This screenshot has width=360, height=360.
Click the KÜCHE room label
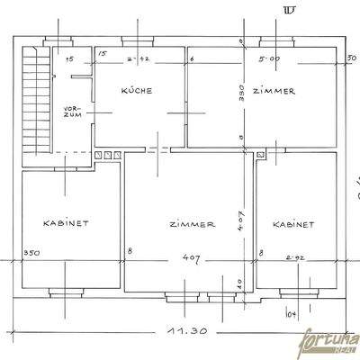(136, 91)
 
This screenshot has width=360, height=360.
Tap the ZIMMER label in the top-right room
(274, 91)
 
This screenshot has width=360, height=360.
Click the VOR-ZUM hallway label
(73, 113)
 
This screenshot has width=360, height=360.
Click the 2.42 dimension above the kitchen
(137, 60)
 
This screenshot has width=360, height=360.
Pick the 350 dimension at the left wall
(31, 253)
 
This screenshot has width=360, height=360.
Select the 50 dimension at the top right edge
(351, 58)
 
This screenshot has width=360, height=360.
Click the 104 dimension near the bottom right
(291, 313)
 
